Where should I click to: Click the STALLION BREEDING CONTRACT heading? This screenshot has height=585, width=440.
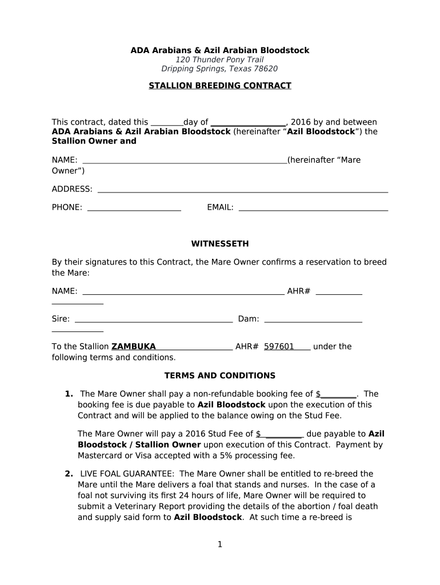(x=220, y=86)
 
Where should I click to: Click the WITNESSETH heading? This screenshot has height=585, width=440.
(x=220, y=244)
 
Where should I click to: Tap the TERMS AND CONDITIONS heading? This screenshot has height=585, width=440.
(x=220, y=376)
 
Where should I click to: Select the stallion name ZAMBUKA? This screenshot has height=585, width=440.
(x=134, y=347)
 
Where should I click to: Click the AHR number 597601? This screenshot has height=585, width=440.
(x=279, y=347)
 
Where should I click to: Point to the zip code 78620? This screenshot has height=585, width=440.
(x=266, y=69)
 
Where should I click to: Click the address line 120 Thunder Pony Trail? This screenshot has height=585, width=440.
(x=220, y=60)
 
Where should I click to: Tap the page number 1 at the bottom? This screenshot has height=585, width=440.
(x=219, y=544)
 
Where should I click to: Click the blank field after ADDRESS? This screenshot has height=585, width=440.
(x=243, y=190)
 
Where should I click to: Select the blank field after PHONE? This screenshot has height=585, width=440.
(x=134, y=208)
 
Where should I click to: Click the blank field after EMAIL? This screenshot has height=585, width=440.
(x=313, y=208)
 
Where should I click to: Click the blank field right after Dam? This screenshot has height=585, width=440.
(x=313, y=319)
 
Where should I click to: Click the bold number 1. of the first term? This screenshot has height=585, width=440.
(x=69, y=394)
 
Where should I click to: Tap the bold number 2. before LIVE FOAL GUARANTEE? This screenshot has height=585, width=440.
(x=69, y=474)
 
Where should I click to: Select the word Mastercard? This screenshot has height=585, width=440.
(x=98, y=456)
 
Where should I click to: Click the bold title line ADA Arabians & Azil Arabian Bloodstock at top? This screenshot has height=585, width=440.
(x=220, y=50)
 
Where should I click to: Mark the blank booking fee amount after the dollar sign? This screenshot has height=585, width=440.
(x=338, y=394)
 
